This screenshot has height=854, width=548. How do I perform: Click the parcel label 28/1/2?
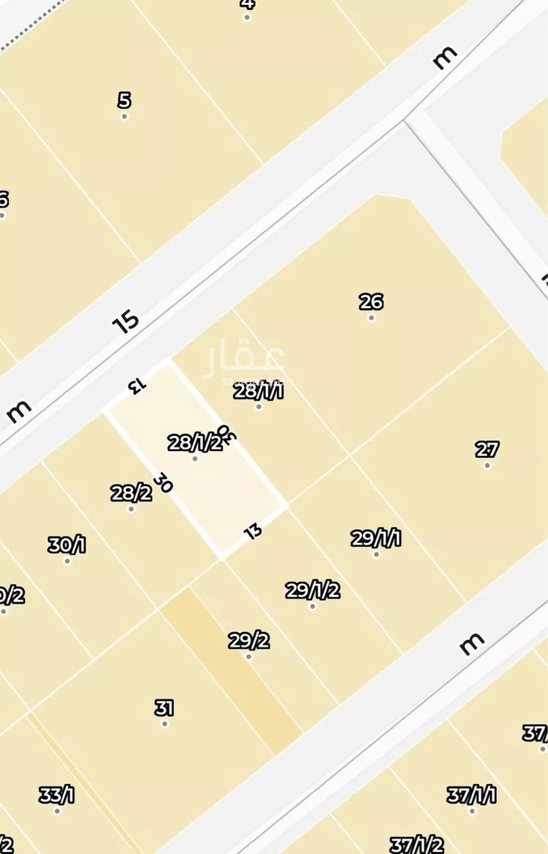point(194,442)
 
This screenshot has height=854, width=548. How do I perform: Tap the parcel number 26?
point(371,301)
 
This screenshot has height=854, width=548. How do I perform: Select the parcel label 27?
point(487,449)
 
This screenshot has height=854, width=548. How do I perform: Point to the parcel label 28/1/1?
point(258,391)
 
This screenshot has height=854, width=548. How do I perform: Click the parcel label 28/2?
point(132,493)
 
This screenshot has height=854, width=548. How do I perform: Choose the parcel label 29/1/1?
point(376,539)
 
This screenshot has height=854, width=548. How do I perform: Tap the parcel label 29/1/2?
point(313,590)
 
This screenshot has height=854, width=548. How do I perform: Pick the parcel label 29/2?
point(248,641)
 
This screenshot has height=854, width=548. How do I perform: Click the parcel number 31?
point(164,707)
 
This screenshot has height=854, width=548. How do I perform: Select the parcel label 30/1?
point(66,545)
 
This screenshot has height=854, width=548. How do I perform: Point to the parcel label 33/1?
point(57,795)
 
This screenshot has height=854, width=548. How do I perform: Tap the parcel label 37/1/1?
point(472,795)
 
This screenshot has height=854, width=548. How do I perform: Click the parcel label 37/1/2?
point(416,845)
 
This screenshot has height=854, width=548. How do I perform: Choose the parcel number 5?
point(124,100)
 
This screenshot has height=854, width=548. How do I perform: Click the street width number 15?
point(126,321)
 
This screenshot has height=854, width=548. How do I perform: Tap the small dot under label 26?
point(371,318)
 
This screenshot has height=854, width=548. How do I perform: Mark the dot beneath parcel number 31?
point(164,724)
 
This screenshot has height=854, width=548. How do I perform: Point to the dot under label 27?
point(487,466)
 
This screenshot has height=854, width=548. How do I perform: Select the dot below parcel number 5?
point(124,117)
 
